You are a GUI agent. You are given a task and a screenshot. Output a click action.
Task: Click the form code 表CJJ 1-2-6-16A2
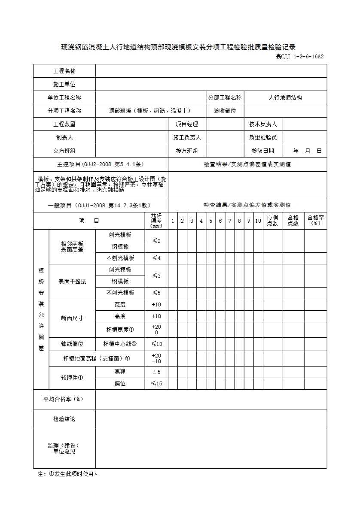pyautogui.click(x=299, y=56)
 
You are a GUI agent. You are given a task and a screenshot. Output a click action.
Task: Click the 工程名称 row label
pyautogui.click(x=64, y=71)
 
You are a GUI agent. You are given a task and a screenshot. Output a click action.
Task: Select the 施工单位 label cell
pyautogui.click(x=64, y=84)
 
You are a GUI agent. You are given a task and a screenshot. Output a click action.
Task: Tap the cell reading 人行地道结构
pyautogui.click(x=285, y=97)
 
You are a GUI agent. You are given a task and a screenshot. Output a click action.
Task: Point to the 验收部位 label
pyautogui.click(x=225, y=111)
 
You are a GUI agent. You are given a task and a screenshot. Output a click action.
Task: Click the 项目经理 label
pyautogui.click(x=187, y=124)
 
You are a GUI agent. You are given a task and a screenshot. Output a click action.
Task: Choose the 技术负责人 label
pyautogui.click(x=263, y=124)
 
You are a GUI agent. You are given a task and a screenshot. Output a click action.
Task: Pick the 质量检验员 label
pyautogui.click(x=263, y=137)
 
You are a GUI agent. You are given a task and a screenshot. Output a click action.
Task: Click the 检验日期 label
pyautogui.click(x=263, y=151)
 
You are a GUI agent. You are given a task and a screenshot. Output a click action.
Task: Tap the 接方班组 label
pyautogui.click(x=187, y=151)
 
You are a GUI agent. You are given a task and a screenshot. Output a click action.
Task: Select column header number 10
pyautogui.click(x=258, y=221)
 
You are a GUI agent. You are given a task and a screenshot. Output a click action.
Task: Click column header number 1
pyautogui.click(x=173, y=221)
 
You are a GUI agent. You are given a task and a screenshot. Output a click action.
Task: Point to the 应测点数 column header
pyautogui.click(x=272, y=221)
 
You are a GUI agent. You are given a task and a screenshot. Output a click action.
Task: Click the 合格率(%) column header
pyautogui.click(x=316, y=221)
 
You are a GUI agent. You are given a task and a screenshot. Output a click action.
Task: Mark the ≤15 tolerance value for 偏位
pyautogui.click(x=156, y=383)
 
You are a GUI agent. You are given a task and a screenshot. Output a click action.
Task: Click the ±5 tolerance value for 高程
pyautogui.click(x=156, y=372)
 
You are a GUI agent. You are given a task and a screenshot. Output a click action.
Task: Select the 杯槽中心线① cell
pyautogui.click(x=120, y=344)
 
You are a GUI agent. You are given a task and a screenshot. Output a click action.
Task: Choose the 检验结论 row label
pyautogui.click(x=64, y=419)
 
